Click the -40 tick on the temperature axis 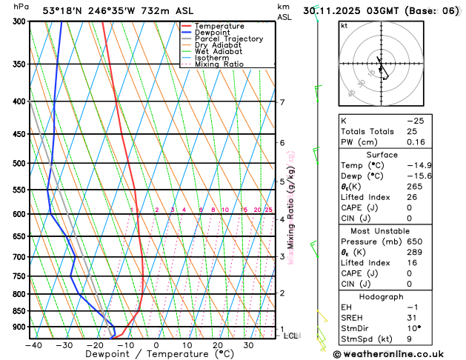(x=33, y=345)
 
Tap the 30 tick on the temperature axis (x=249, y=345)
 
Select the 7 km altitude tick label (x=282, y=102)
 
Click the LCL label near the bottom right (x=291, y=336)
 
